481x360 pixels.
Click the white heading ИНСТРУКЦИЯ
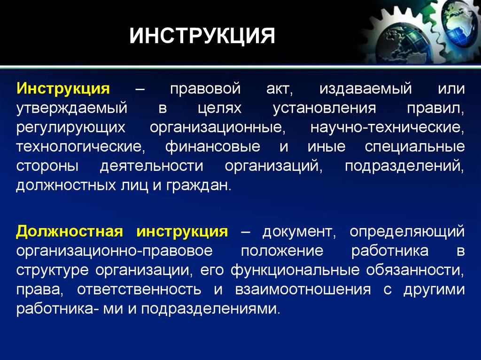(x=202, y=36)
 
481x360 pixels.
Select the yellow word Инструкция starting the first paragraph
(x=63, y=89)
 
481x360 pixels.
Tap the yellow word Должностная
(x=70, y=232)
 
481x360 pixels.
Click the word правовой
(x=205, y=89)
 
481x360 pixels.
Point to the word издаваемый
(x=365, y=89)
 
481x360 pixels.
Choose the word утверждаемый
(x=72, y=108)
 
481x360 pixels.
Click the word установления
(x=325, y=108)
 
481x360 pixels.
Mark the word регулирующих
(x=71, y=128)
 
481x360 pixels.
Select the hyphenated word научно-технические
(x=387, y=128)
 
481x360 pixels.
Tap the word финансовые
(x=213, y=146)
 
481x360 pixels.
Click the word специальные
(x=415, y=147)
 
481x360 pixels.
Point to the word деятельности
(x=152, y=166)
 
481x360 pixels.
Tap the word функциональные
(x=295, y=270)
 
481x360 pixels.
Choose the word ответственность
(x=139, y=290)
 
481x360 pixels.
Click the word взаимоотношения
(x=303, y=290)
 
